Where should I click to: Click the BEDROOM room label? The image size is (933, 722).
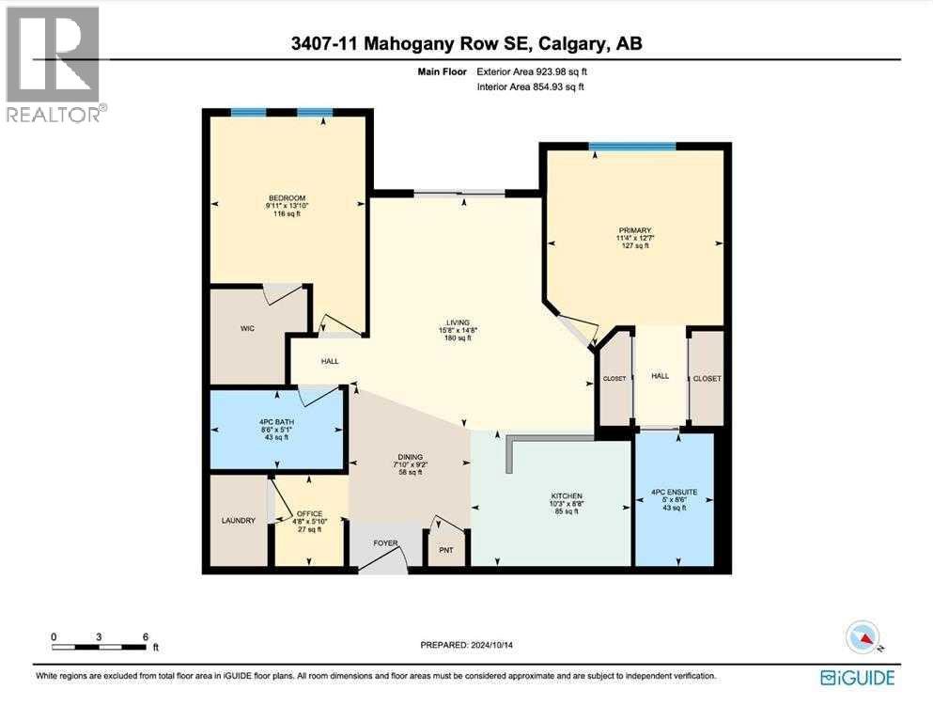coord(287,197)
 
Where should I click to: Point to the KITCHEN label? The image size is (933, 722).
coord(567,495)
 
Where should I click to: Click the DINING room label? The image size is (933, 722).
coord(407,454)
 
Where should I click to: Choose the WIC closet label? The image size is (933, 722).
coord(248,329)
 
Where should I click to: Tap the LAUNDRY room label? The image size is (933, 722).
coord(239,520)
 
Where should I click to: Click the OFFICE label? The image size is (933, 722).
coord(309,513)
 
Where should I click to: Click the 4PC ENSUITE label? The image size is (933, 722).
coord(675,491)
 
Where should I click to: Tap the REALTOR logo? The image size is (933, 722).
coord(54,65)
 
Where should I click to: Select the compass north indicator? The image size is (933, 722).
coord(863,638)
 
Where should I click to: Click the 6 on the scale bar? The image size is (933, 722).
coord(146,636)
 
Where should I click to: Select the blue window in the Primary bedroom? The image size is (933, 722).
coord(631,146)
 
